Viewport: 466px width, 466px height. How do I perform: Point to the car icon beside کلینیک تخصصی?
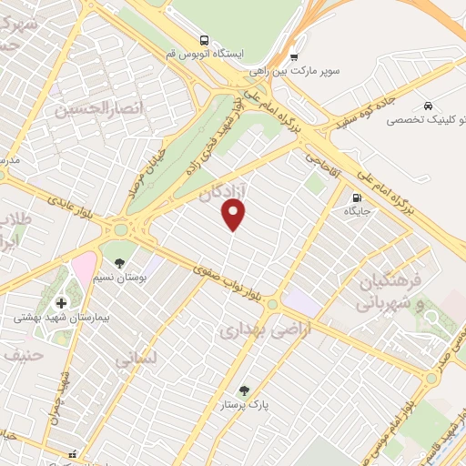pyautogui.click(x=429, y=105)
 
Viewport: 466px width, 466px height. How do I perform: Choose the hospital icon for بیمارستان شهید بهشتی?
pyautogui.click(x=61, y=303)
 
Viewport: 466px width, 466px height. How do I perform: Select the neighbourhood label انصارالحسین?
pyautogui.click(x=87, y=110)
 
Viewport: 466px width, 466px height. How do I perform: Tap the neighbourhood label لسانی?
pyautogui.click(x=137, y=360)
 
